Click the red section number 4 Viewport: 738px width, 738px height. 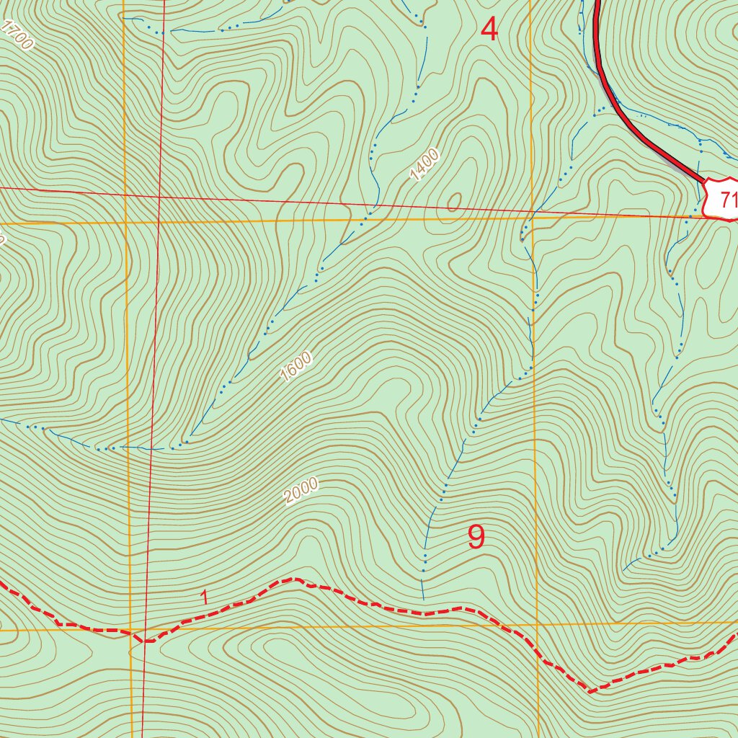pos(489,30)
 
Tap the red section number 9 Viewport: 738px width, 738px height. pos(476,537)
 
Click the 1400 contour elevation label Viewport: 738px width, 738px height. pos(424,164)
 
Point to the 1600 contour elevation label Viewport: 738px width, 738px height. pos(295,367)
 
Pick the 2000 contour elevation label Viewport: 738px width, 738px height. pos(301,491)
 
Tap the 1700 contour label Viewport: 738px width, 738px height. pos(17,35)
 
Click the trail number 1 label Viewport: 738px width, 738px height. pos(205,597)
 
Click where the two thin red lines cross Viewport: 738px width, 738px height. pos(159,195)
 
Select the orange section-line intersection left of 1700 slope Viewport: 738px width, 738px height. pos(125,223)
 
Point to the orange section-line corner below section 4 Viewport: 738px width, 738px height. pos(532,215)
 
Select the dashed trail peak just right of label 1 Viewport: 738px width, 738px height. pos(293,579)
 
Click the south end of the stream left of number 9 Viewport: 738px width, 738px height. pos(423,598)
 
